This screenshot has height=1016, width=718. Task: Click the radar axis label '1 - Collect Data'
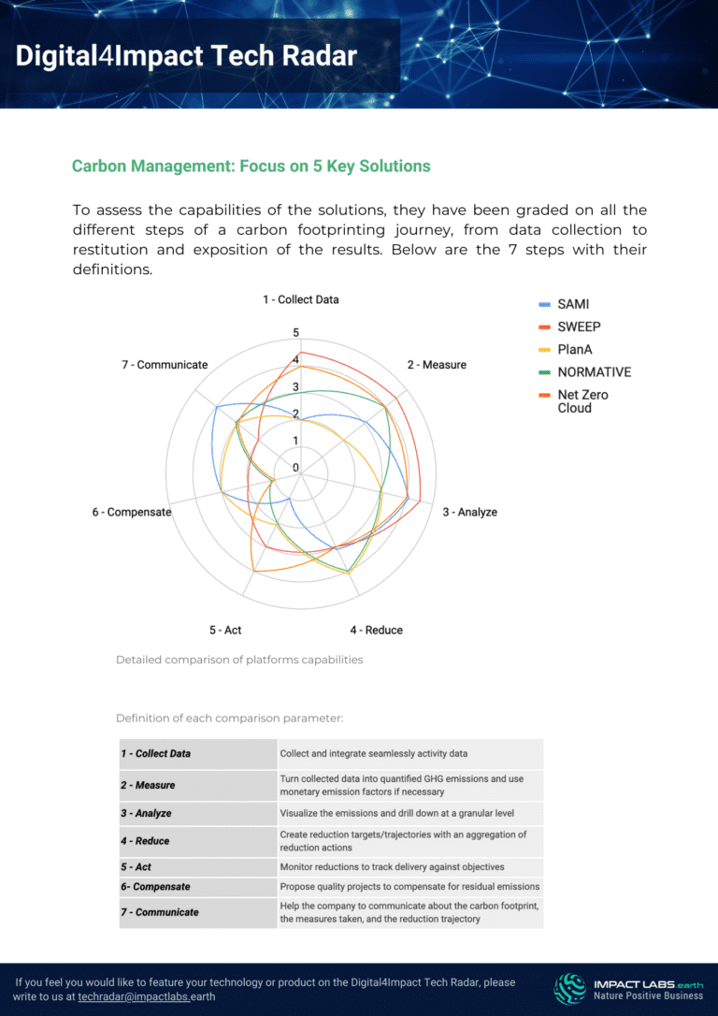[x=300, y=299]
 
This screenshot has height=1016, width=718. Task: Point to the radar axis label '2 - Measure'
[x=437, y=364]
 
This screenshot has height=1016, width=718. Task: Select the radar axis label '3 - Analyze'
[x=469, y=512]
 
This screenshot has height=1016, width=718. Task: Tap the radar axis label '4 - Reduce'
[x=377, y=630]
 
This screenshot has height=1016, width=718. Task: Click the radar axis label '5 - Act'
[x=225, y=630]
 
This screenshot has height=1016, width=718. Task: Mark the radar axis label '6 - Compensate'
[x=132, y=512]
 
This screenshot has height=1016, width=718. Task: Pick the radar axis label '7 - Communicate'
[x=165, y=364]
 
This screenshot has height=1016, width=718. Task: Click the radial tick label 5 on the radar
[x=296, y=333]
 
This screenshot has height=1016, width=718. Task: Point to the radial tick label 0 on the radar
[x=296, y=468]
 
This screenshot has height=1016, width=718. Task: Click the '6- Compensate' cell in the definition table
[x=155, y=886]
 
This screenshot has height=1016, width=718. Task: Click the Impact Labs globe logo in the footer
[x=570, y=988]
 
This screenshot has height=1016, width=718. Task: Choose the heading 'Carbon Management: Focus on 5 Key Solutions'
[x=251, y=167]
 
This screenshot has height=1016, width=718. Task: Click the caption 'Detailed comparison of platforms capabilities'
[x=238, y=660]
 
